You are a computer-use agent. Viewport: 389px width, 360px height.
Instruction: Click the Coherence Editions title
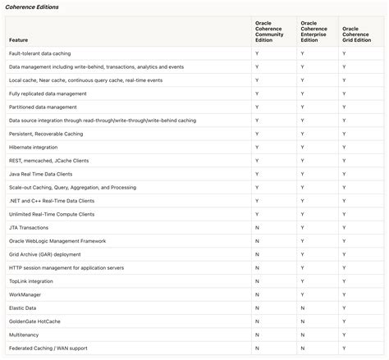31,7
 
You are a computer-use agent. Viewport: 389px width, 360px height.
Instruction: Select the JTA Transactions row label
29,228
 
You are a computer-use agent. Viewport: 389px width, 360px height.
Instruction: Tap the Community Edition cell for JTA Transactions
257,228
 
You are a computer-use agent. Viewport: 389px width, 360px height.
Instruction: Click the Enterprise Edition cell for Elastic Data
302,308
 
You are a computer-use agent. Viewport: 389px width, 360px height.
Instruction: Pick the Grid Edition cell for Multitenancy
345,335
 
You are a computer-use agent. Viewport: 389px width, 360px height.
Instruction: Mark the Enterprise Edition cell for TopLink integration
302,281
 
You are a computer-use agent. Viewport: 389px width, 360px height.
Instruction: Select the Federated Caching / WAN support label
48,349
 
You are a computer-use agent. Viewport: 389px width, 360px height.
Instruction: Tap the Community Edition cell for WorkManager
257,294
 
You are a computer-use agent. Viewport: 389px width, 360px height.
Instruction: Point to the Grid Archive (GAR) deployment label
45,254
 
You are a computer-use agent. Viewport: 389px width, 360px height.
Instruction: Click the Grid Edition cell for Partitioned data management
345,107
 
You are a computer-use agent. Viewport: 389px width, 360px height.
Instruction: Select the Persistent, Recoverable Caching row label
47,134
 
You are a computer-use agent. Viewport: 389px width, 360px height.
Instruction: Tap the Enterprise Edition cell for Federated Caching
302,349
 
